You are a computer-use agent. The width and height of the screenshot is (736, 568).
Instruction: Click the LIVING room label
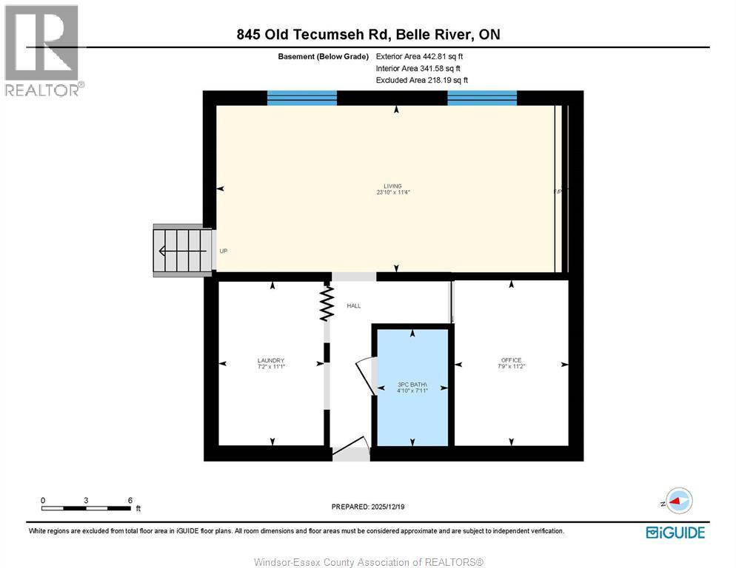[392, 186]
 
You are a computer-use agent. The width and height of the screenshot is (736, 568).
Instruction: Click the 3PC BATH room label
[412, 385]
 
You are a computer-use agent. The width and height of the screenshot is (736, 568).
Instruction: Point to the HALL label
[354, 305]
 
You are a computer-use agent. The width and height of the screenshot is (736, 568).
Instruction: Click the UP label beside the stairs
[223, 251]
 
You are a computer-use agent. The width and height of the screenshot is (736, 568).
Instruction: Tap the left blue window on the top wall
[301, 98]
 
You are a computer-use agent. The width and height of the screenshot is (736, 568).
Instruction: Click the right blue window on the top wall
[482, 98]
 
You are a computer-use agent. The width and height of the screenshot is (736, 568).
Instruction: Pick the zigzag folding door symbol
[326, 304]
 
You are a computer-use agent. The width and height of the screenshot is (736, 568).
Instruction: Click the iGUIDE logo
[675, 532]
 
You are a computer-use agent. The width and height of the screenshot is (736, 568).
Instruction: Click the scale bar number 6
[130, 500]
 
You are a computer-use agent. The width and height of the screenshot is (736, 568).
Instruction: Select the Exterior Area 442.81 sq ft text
[420, 56]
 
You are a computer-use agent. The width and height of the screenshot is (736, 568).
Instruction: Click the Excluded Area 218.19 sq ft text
[421, 80]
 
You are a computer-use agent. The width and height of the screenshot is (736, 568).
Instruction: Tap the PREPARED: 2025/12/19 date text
[368, 507]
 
